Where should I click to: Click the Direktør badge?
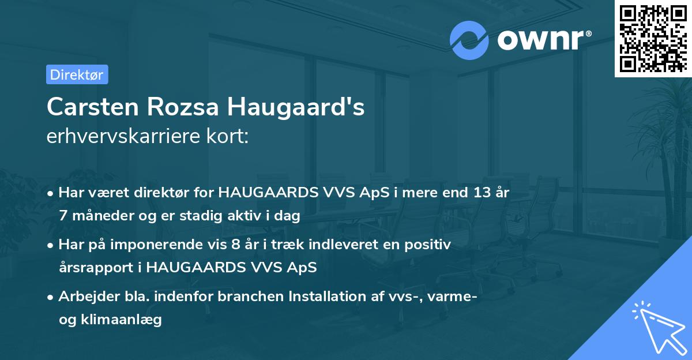[x=77, y=74]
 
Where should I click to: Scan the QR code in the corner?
[x=652, y=39]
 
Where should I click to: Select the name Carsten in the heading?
[x=92, y=107]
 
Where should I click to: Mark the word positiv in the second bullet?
[x=430, y=245]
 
